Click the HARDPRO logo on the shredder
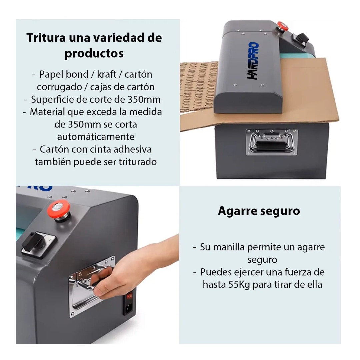(x=253, y=61)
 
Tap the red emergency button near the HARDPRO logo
(x=282, y=26)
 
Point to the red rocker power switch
(x=130, y=296)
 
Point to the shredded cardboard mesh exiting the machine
(x=198, y=87)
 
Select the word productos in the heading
(x=94, y=53)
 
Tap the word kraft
(x=107, y=74)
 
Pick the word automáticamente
(x=96, y=137)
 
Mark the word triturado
(x=138, y=162)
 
